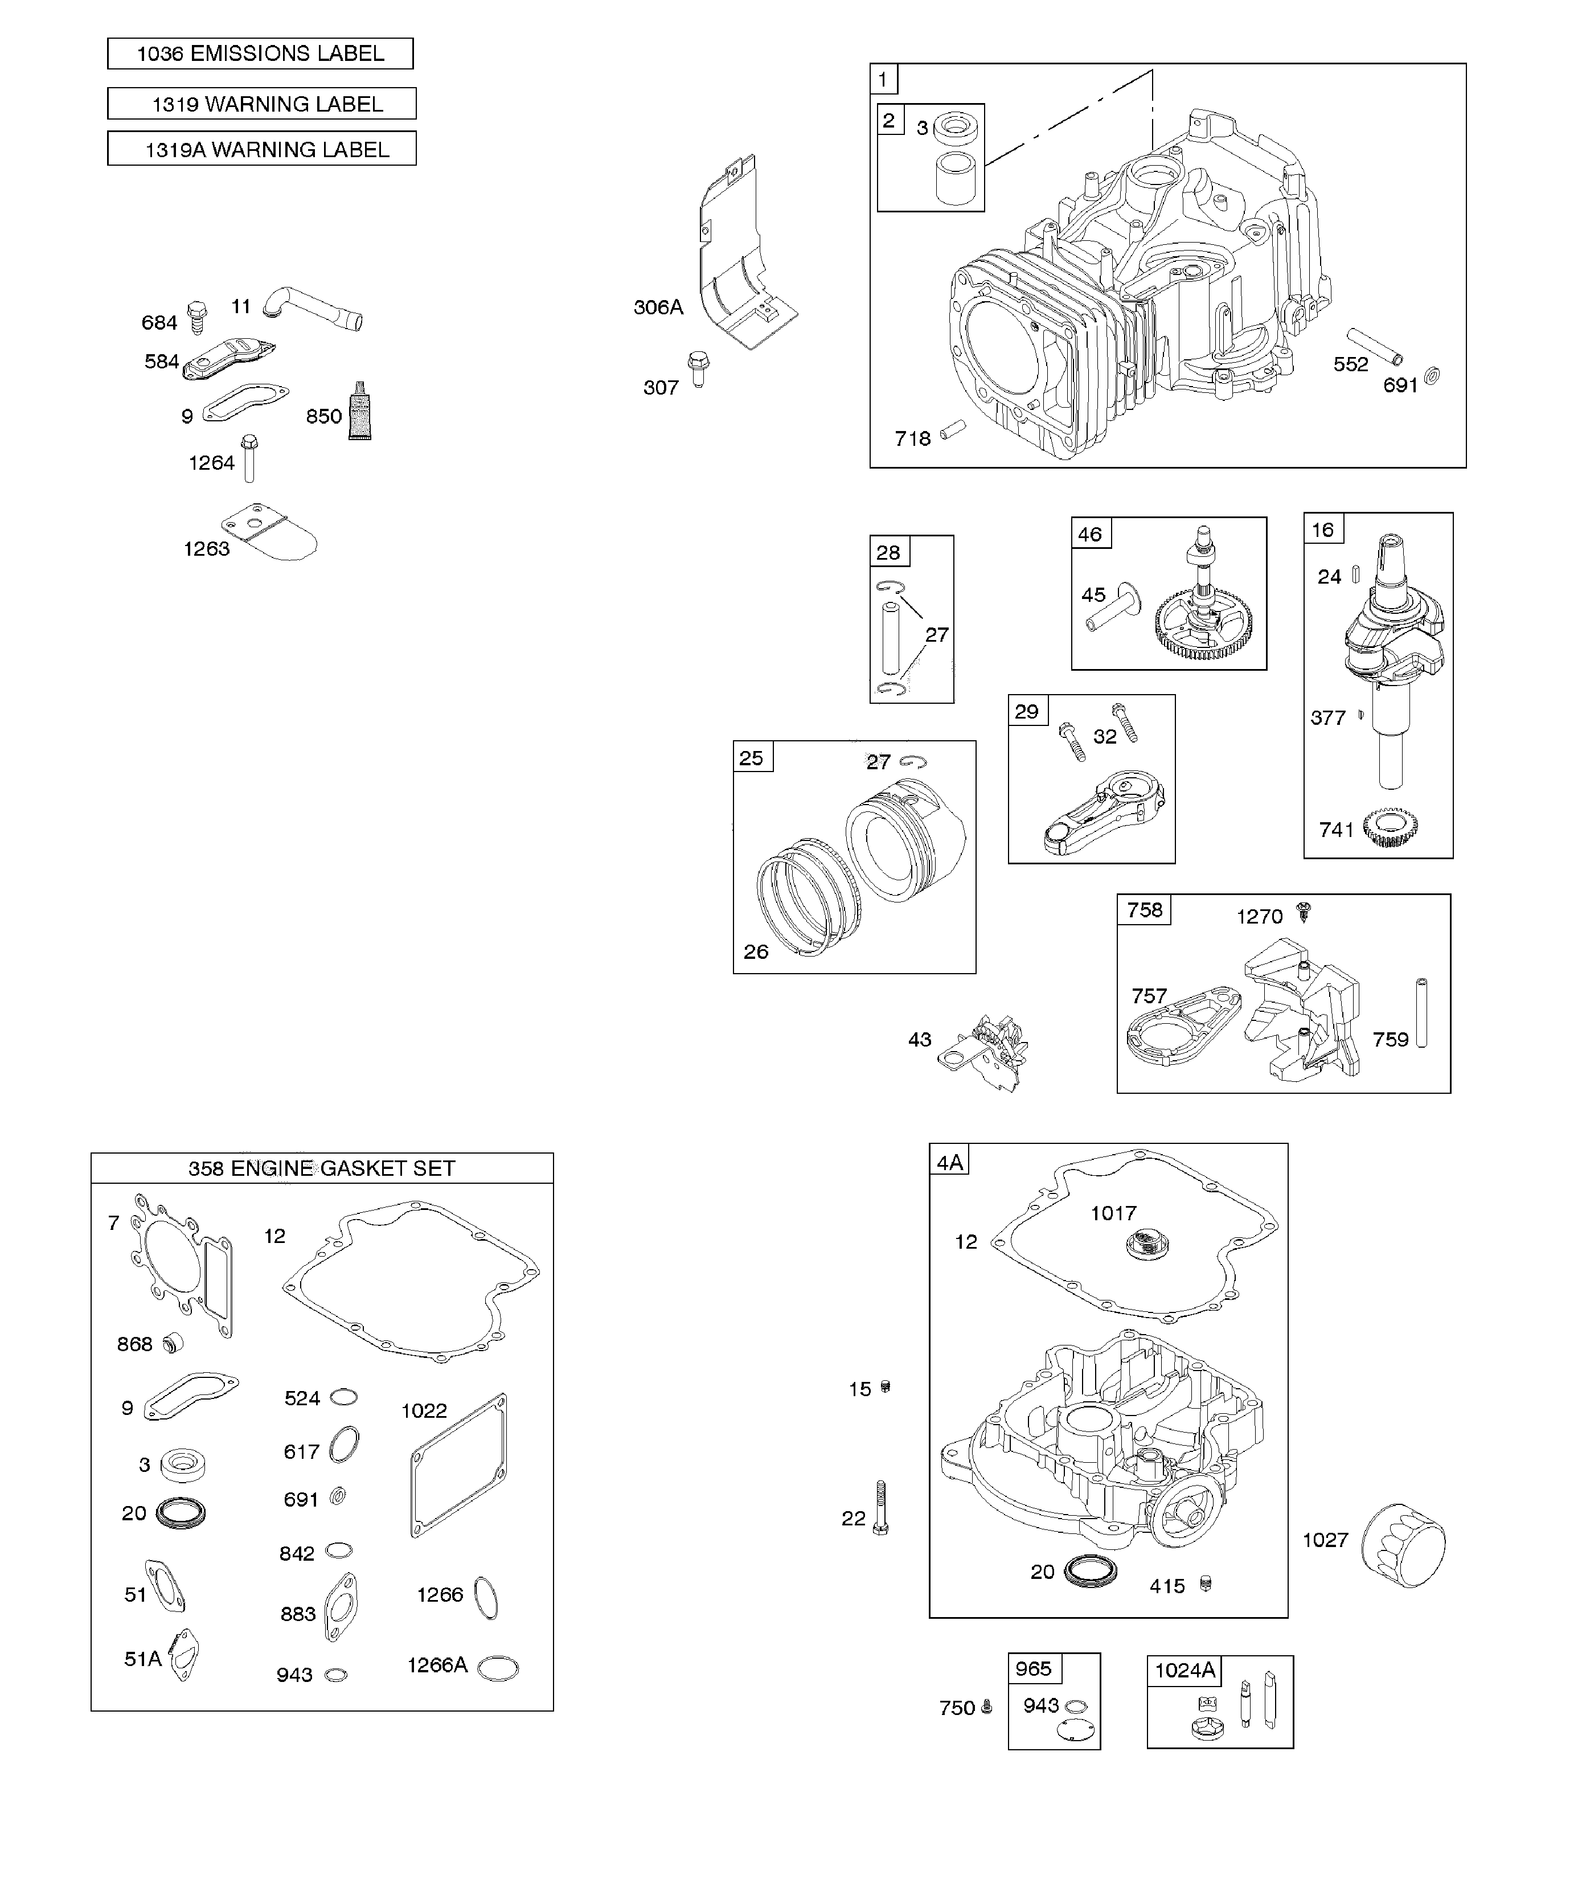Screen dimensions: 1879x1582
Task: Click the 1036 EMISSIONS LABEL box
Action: (x=260, y=54)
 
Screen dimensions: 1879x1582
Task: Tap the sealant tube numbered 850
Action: (x=360, y=412)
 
